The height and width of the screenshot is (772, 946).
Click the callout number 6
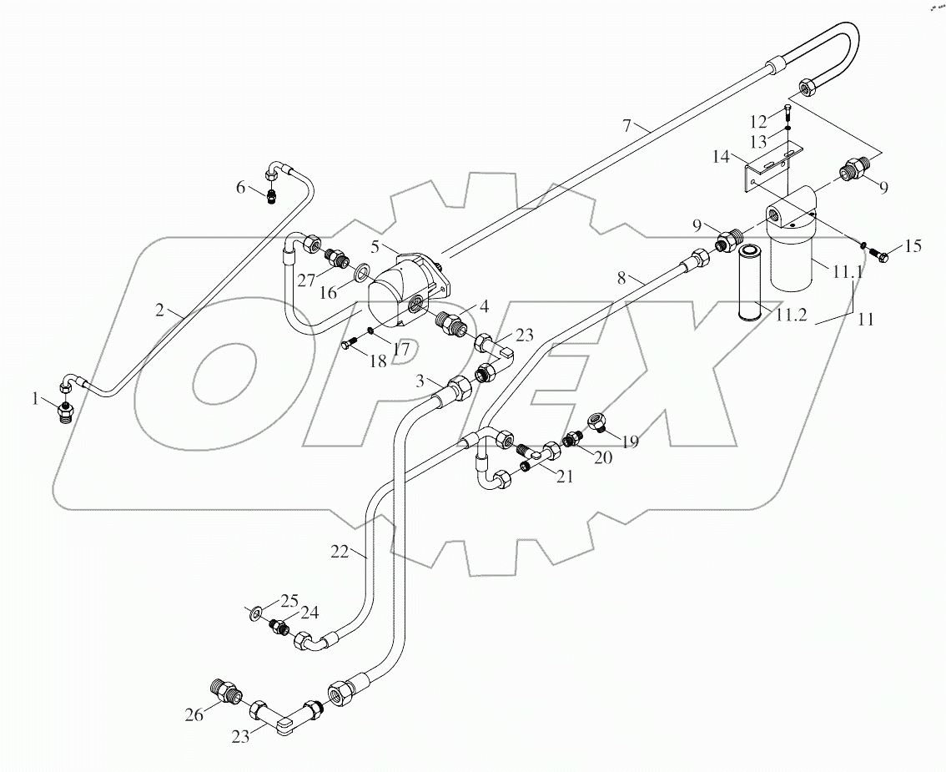point(241,187)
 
